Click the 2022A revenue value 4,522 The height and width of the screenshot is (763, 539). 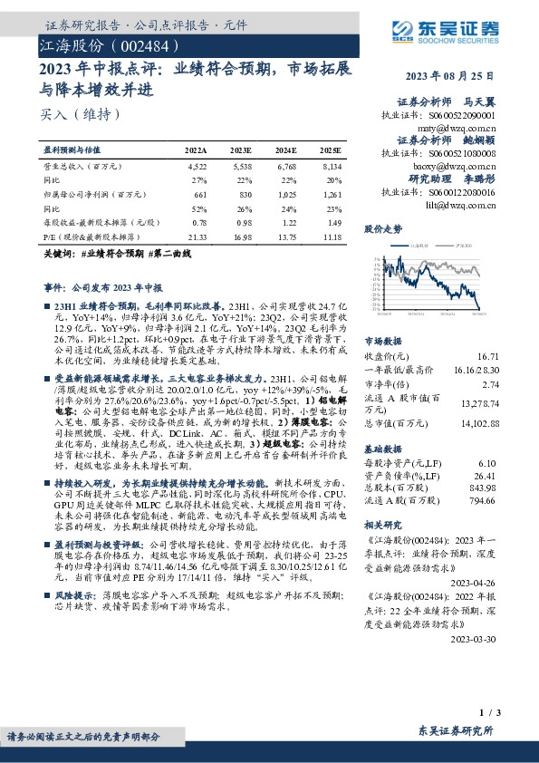coord(197,167)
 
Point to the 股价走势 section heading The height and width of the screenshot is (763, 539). coord(383,229)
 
